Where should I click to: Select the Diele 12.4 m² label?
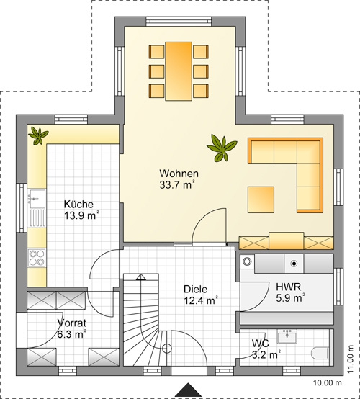coord(200,295)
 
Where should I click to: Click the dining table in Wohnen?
coord(179,71)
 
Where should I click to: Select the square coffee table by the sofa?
coord(261,199)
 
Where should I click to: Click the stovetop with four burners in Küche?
coord(37,258)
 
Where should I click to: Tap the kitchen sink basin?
coord(37,199)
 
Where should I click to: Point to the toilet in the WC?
coord(320,353)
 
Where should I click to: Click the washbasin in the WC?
coord(287,336)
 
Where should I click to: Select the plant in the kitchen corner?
coord(38,135)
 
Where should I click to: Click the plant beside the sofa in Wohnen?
coord(222,148)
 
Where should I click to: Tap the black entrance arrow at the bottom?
coord(188,390)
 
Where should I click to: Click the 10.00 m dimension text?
coord(327,382)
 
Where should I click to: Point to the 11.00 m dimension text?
coord(351,359)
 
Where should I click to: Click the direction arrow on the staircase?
coord(140,277)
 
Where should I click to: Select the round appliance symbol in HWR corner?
coord(247,261)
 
